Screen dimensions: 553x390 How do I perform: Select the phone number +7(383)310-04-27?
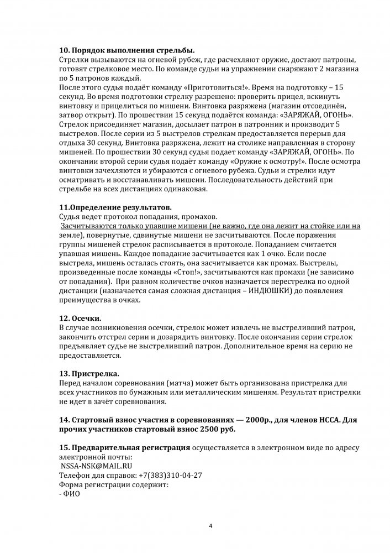(x=170, y=475)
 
